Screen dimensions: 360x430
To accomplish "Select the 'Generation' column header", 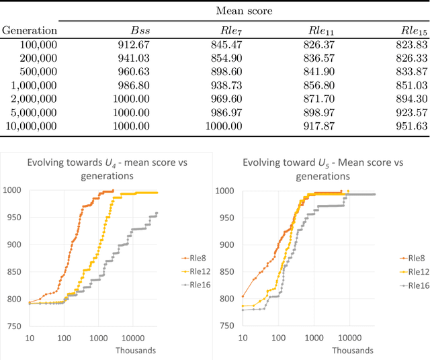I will [29, 30].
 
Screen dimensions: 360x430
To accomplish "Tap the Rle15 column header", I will [413, 30].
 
